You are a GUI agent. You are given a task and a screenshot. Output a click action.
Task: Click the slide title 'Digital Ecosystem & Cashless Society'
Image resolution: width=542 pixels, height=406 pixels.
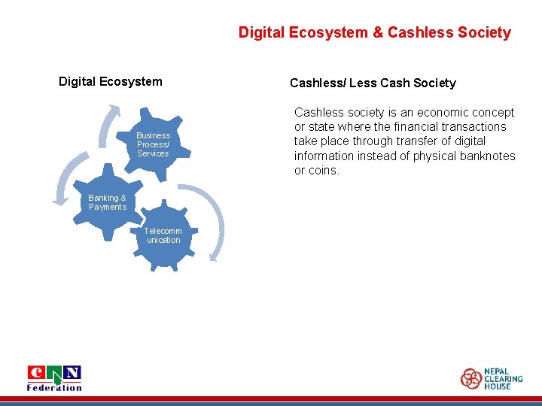(374, 32)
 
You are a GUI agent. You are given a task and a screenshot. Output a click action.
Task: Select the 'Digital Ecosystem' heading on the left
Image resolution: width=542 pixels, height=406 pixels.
(110, 81)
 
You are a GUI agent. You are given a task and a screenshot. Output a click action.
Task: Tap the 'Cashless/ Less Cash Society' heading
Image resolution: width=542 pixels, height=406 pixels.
(373, 83)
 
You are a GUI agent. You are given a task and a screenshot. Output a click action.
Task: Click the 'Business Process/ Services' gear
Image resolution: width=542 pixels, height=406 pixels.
(153, 144)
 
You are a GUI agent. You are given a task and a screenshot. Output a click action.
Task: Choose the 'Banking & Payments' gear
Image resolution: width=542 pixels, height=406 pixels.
(108, 203)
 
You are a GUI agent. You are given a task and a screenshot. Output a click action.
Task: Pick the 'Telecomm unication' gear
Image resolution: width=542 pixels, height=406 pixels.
(163, 236)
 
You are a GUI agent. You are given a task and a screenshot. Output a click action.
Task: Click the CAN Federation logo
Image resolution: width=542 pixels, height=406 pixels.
(54, 378)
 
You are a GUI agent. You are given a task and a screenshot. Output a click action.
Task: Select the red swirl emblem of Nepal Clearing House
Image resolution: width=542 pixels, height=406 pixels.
(471, 378)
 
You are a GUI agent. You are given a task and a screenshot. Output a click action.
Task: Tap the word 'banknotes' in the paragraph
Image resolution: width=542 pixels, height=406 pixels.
(486, 156)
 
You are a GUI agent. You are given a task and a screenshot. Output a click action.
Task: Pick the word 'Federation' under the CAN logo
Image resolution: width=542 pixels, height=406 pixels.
(54, 388)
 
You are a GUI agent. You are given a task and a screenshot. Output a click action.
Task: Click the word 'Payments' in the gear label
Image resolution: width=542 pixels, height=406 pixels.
(108, 208)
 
